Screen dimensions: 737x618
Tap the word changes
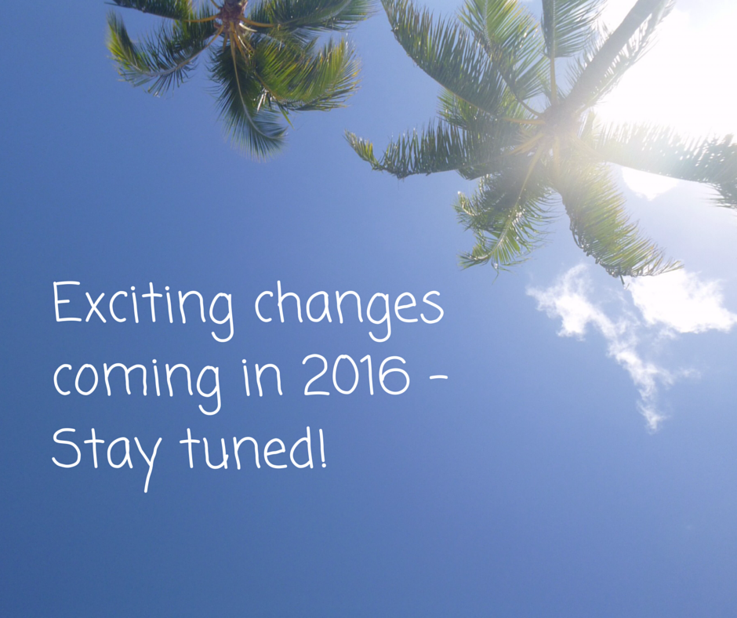point(349,311)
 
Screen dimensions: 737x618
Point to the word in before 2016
point(263,376)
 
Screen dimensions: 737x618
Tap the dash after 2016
point(438,377)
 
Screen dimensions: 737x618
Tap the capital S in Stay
point(66,449)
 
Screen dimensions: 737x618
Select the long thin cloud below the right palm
point(611,339)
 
